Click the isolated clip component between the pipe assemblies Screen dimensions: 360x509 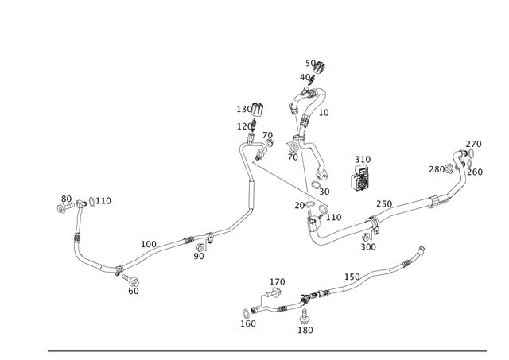click(360, 182)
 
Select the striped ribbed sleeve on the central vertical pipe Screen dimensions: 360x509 click(251, 194)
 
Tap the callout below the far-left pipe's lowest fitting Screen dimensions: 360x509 click(133, 290)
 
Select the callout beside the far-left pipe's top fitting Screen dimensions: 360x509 click(107, 200)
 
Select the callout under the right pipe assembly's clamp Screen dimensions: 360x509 click(370, 246)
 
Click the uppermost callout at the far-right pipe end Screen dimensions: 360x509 click(475, 143)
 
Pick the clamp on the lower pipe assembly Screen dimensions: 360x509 click(302, 303)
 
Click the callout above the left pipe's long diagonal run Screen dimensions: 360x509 click(148, 241)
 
